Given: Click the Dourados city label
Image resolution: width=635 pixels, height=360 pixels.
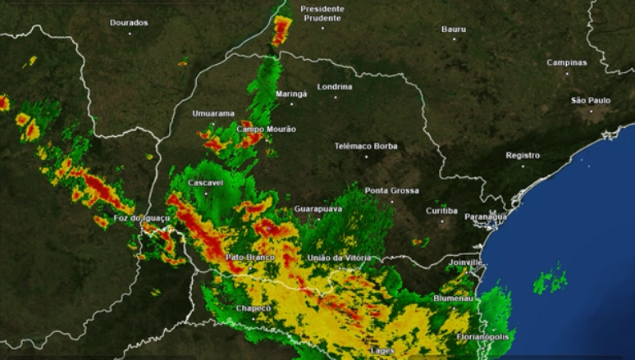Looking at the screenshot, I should coord(129,22).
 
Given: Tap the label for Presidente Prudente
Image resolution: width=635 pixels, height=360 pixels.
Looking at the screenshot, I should coord(322,13).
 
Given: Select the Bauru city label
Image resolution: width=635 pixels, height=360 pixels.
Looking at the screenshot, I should coord(454,30).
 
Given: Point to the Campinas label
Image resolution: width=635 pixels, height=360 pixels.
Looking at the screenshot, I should coord(567,62).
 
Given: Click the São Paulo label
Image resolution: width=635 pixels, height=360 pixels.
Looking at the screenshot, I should coord(591,100).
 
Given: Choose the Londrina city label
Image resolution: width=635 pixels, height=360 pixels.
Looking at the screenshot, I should coord(335,86).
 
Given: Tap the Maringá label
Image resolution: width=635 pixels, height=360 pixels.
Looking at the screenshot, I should coord(291,93).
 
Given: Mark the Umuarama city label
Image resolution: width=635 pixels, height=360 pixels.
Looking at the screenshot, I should coord(213,113).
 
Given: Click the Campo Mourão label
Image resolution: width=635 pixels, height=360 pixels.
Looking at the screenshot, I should coord(266,129).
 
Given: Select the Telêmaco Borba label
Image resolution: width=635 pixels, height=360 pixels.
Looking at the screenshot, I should coord(366,146).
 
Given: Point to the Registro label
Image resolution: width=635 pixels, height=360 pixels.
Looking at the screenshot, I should coord(523,155).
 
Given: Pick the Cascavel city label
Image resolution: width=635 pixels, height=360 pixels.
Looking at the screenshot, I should coord(206,182).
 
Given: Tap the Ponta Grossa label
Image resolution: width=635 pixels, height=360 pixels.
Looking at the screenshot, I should coord(392,190).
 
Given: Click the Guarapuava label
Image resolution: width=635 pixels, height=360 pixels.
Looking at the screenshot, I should coord(318,209).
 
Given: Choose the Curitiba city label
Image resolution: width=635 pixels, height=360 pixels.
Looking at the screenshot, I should coord(441,211).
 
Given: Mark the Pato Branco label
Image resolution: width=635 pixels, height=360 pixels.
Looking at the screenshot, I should coord(249,257).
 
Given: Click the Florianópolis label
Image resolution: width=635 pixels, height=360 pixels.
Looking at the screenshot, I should coord(483,336).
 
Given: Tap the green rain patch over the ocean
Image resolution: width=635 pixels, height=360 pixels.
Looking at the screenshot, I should coord(550,280).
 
